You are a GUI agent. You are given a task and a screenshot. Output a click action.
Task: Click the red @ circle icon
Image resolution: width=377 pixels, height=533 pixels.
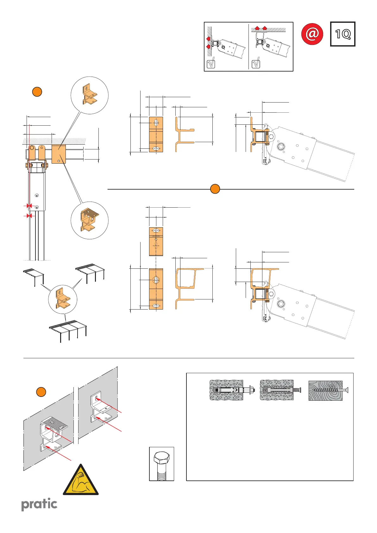(312, 34)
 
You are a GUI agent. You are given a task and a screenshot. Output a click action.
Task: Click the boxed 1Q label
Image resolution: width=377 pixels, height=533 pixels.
(342, 34)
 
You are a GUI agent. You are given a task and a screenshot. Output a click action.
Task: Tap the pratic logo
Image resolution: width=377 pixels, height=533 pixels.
(39, 504)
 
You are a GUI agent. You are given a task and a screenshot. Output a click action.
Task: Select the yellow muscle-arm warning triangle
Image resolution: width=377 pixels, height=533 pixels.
(81, 481)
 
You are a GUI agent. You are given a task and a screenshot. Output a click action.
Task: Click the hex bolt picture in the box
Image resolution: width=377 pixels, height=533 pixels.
(161, 464)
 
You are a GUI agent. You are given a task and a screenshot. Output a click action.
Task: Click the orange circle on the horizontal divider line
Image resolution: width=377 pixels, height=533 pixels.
(215, 189)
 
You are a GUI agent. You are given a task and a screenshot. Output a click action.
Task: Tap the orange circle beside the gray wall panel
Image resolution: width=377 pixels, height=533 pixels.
(41, 392)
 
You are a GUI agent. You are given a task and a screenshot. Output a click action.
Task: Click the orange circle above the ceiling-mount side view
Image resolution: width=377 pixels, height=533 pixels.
(37, 92)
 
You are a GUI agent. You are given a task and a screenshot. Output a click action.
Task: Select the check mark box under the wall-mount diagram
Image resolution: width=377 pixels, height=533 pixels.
(210, 64)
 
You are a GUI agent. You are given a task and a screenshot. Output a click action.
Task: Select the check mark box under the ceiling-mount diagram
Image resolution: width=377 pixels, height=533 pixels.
(255, 64)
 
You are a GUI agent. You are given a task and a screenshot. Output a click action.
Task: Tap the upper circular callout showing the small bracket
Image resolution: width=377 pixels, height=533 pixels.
(90, 95)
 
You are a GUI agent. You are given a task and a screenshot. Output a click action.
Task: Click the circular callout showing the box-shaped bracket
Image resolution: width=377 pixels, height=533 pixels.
(90, 220)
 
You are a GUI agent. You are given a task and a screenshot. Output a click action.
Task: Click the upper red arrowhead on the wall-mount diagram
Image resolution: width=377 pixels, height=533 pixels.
(208, 39)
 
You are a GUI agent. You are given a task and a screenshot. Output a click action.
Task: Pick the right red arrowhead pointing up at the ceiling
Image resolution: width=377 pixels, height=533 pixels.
(264, 28)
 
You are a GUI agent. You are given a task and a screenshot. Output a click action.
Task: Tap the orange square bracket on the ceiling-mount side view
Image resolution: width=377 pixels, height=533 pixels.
(58, 154)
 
